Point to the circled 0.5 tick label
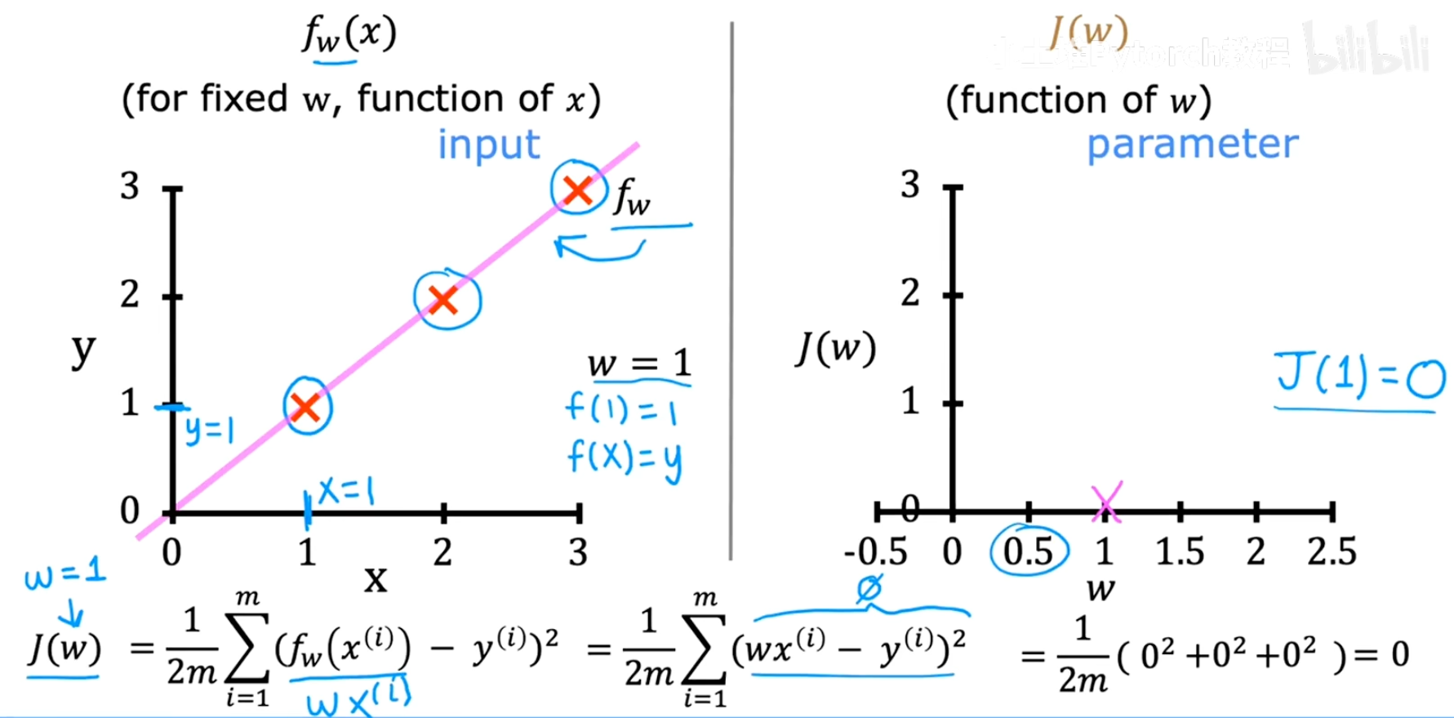coord(1028,552)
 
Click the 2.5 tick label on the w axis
coord(1332,552)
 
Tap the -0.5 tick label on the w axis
coord(875,552)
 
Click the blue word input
coord(489,145)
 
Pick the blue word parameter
coord(1192,145)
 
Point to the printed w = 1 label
coord(639,363)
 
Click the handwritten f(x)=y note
coord(625,458)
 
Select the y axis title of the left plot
coord(83,351)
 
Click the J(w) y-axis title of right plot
coord(835,350)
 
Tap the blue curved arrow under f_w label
coord(598,248)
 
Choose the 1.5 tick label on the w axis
coord(1180,552)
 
